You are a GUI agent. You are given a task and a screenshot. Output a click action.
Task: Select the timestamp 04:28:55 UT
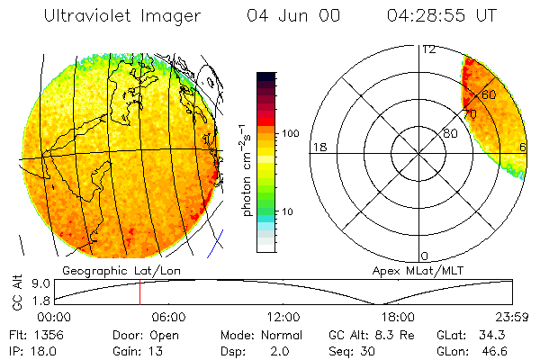click(441, 16)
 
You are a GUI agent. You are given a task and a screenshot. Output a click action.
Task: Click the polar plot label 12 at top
click(428, 49)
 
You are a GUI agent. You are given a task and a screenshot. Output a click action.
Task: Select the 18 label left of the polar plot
click(319, 147)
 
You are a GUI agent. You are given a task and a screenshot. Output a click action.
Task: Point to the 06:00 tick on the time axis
click(168, 317)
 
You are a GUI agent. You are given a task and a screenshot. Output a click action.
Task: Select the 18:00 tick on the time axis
click(398, 317)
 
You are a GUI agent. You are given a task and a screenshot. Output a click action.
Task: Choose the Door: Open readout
click(143, 335)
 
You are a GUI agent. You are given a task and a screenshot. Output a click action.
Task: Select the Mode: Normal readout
click(260, 335)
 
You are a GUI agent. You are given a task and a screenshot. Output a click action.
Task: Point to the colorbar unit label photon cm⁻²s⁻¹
click(246, 168)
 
